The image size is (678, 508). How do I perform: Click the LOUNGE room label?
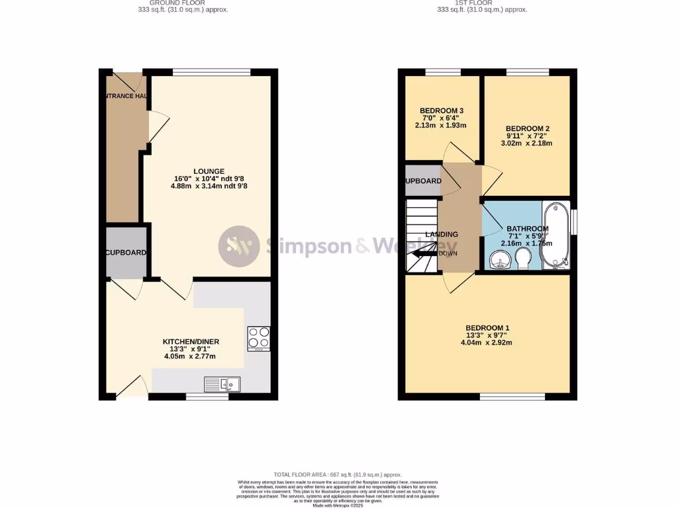[x=209, y=171]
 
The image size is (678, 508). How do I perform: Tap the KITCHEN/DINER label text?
[x=191, y=341]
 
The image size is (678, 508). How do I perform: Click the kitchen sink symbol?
[x=224, y=384]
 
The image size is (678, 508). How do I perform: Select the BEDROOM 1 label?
[x=487, y=328]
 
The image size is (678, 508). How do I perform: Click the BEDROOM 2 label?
[x=528, y=128]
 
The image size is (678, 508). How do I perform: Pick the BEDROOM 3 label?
[x=442, y=110]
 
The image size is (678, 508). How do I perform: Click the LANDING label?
[x=441, y=234]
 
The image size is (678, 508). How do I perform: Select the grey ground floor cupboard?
[x=126, y=252]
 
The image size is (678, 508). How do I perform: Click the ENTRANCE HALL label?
[x=124, y=96]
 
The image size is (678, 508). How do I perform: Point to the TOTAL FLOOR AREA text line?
[x=338, y=474]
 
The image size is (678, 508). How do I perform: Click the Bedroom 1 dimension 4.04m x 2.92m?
[x=487, y=343]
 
